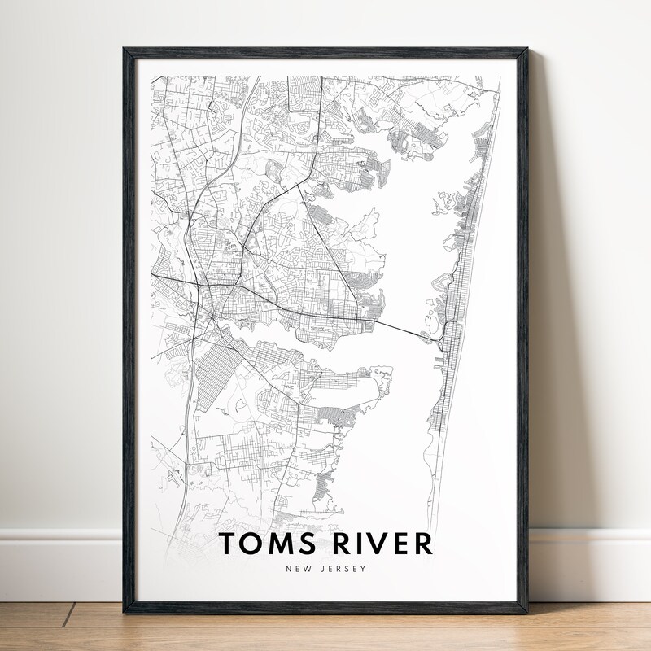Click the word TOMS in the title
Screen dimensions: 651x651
coord(262,544)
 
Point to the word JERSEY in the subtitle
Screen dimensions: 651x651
coord(342,570)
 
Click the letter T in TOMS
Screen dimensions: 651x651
coord(229,544)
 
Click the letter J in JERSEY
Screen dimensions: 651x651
coord(319,570)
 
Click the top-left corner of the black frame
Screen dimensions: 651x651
coord(125,50)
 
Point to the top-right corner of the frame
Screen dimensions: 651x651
coord(526,50)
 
